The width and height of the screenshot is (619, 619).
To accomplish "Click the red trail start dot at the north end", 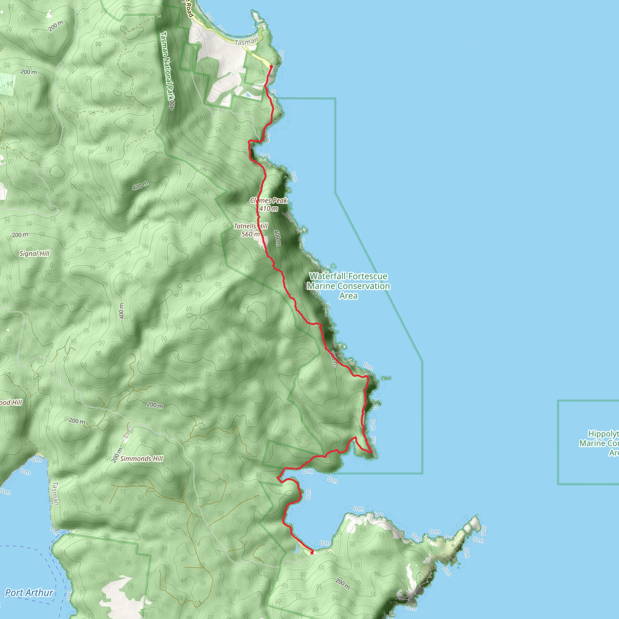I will pos(271,66).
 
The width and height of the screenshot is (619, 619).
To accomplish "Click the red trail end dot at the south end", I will pos(312,553).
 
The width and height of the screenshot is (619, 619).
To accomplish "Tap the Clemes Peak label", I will pos(268,201).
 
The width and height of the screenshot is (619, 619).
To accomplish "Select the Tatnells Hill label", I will pos(251,226).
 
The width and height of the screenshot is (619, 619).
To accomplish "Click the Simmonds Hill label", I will pos(142,459).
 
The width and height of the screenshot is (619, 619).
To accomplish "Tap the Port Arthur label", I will pos(29,593).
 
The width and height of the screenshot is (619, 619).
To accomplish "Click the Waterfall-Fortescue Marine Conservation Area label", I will pos(348,286).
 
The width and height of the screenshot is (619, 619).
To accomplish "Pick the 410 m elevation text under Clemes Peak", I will pos(268,209).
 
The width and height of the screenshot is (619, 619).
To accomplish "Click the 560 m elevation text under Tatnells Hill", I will pos(251,234).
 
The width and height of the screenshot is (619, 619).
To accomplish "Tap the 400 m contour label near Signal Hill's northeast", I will pos(140,186).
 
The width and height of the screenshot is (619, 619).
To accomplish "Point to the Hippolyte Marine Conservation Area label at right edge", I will pos(599,443).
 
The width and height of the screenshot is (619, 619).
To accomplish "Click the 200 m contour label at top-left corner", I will pos(56,26).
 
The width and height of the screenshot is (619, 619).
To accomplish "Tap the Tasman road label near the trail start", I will pos(246,42).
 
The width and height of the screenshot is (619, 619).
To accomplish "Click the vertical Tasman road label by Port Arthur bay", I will pos(55,493).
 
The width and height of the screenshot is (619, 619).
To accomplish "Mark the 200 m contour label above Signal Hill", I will pos(20,235).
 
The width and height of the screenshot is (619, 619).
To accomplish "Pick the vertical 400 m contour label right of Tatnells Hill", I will pos(277,238).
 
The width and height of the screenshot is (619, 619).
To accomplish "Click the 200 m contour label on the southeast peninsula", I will pos(342,584).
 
